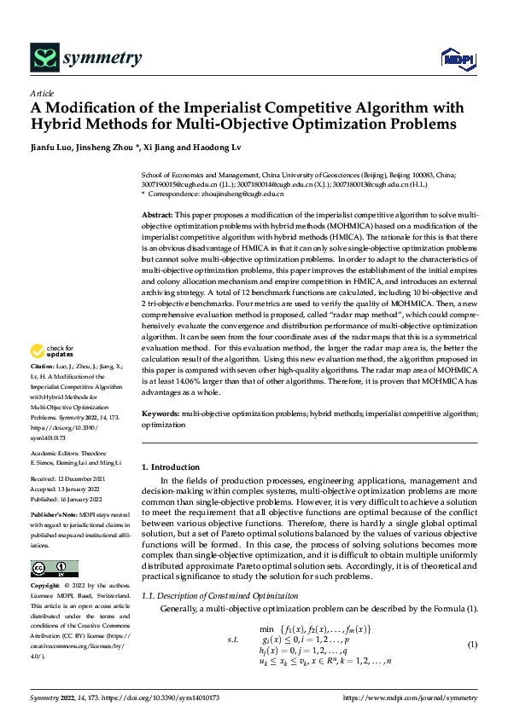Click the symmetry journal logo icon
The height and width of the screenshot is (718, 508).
point(44,57)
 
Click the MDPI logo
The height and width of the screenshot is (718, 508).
point(456,58)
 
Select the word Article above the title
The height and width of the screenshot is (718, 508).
point(42,93)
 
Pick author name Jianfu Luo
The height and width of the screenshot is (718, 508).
point(52,148)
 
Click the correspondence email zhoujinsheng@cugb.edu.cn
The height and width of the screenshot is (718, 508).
point(248,194)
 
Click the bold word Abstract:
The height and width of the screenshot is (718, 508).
point(157,217)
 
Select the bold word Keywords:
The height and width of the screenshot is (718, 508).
point(161,413)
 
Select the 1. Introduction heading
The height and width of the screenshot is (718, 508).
point(170,467)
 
